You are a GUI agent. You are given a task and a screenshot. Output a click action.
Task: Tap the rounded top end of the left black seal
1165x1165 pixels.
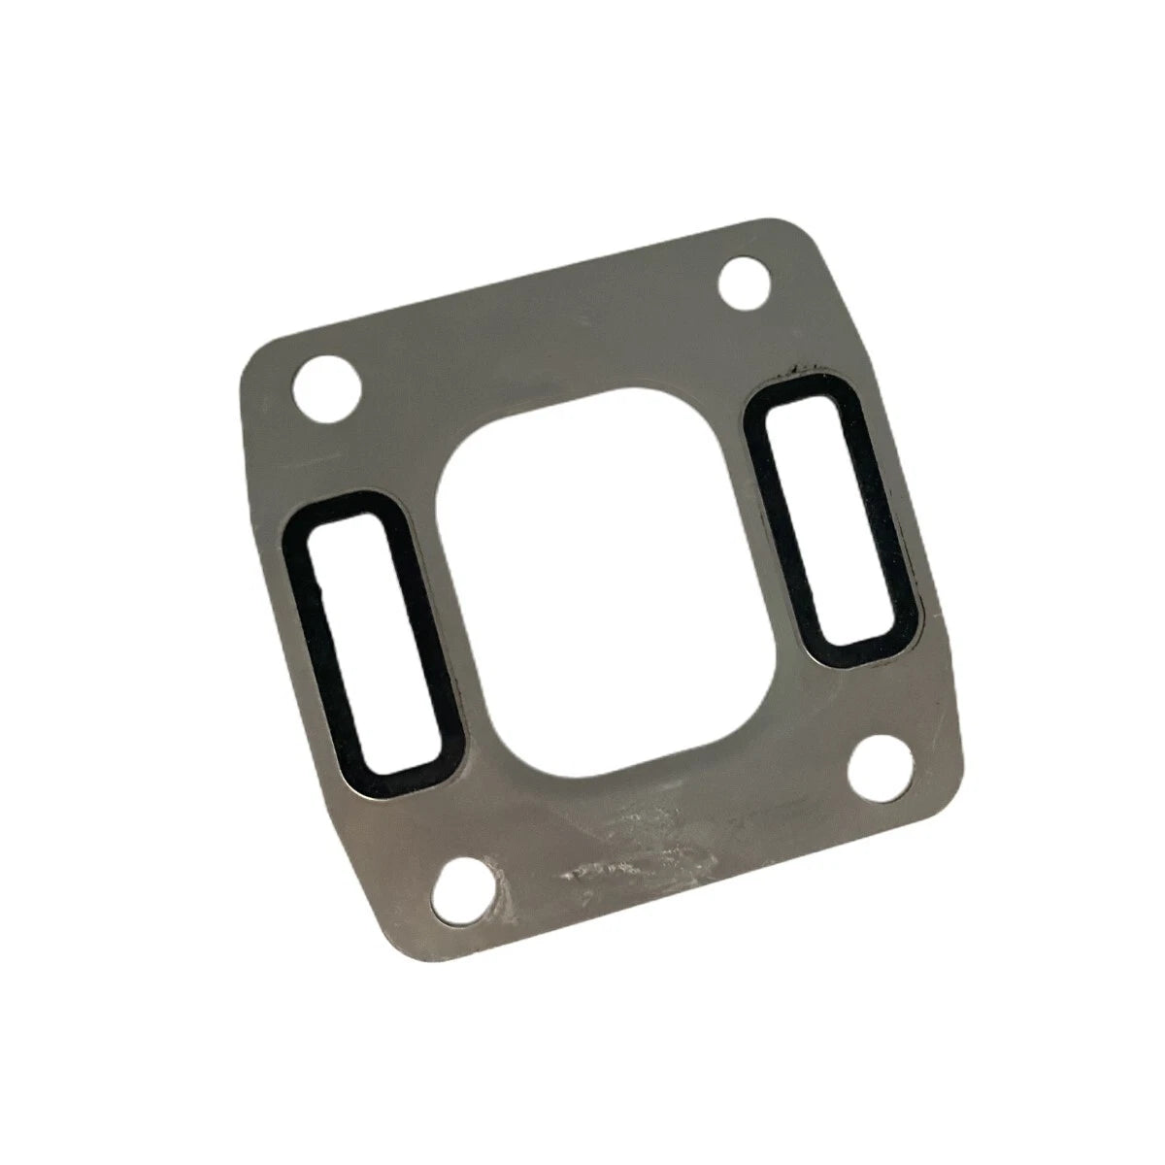343,510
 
